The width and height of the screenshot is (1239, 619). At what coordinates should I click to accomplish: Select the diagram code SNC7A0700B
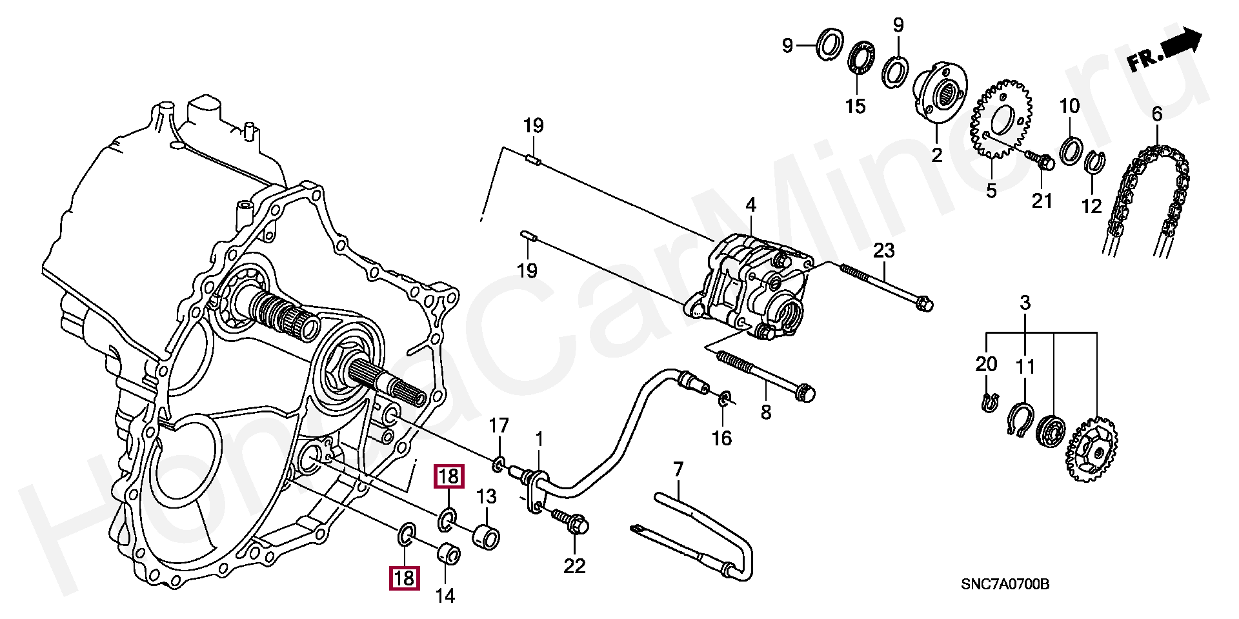[1005, 584]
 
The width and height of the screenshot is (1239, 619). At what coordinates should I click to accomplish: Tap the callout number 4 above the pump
[750, 205]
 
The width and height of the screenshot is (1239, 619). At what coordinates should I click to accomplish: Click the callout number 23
[883, 250]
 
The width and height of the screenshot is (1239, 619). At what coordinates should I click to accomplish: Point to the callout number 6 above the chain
[1157, 114]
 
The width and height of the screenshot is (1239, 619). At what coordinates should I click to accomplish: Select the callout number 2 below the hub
[936, 154]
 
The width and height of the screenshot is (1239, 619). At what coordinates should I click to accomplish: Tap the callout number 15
[855, 106]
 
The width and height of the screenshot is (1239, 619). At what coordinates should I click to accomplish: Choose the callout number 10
[1069, 106]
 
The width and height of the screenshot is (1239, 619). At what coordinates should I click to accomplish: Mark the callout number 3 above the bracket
[1025, 302]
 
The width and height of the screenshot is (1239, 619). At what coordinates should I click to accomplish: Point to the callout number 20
[986, 364]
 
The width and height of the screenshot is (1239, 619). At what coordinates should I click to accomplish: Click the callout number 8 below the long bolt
[766, 412]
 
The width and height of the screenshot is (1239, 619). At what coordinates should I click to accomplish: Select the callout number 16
[721, 438]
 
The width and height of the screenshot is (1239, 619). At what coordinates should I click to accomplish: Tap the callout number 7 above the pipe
[678, 469]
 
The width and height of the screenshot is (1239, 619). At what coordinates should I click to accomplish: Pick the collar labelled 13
[487, 537]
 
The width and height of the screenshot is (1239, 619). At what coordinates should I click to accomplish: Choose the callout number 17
[499, 426]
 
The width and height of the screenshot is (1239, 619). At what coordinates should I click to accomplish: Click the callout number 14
[445, 595]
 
